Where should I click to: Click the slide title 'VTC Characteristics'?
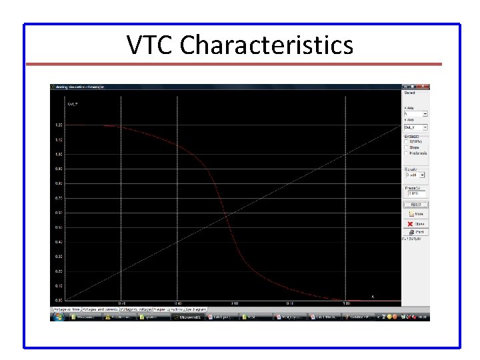coord(240,45)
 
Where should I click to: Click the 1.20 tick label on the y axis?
coord(59,125)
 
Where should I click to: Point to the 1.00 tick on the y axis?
coord(59,155)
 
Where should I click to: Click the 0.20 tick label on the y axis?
coord(59,271)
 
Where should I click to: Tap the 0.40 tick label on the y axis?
coord(59,242)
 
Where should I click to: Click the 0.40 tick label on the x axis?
coord(177,303)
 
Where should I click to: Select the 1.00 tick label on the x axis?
coord(346,303)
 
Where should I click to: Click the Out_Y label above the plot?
coord(73,104)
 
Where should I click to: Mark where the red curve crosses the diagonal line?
coord(227,217)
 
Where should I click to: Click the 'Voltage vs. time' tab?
coord(67,309)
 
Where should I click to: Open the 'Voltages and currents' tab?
coord(101,309)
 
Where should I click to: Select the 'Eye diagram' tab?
coord(196,309)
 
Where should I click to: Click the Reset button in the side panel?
coord(415,205)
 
